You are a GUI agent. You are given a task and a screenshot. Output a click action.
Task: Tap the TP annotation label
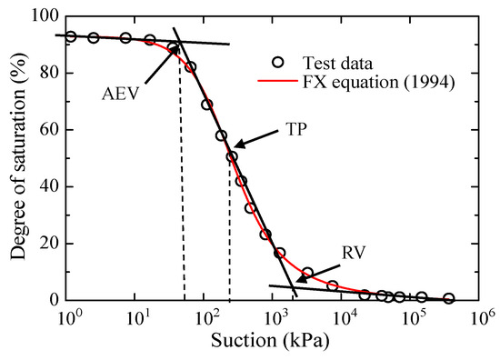pyautogui.click(x=293, y=128)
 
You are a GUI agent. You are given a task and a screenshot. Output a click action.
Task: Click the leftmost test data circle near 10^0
pyautogui.click(x=71, y=36)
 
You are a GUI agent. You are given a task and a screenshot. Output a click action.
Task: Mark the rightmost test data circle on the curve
pyautogui.click(x=448, y=298)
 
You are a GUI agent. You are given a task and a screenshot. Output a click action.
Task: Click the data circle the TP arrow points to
pyautogui.click(x=232, y=156)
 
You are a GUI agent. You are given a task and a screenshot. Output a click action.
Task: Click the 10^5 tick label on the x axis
pyautogui.click(x=414, y=317)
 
